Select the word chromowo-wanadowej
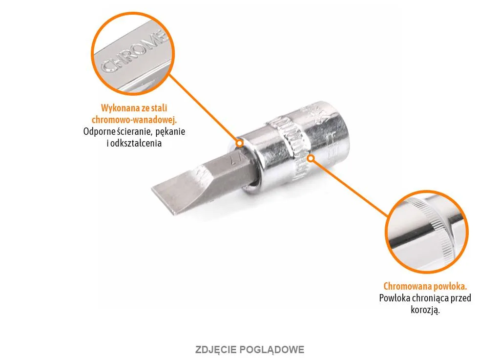tap(134, 120)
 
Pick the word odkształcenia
tap(136, 143)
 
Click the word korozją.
tap(425, 310)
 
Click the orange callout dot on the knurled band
tap(311, 158)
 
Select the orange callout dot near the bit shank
tap(239, 143)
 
